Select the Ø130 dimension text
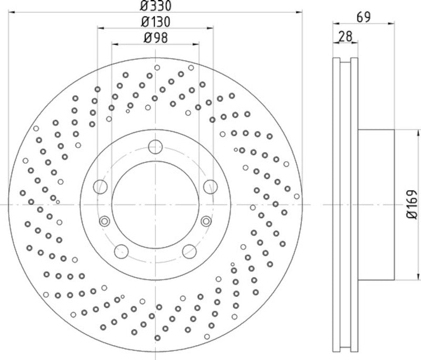pyautogui.click(x=156, y=22)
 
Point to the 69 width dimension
pyautogui.click(x=364, y=17)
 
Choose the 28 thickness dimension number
pyautogui.click(x=345, y=36)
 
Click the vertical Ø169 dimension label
pyautogui.click(x=412, y=204)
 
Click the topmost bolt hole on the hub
pyautogui.click(x=156, y=146)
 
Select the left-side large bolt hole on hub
pyautogui.click(x=100, y=186)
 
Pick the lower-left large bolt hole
pyautogui.click(x=122, y=251)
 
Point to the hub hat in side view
pyautogui.click(x=376, y=204)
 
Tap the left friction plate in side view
pyautogui.click(x=337, y=204)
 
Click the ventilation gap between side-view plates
pyautogui.click(x=346, y=204)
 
